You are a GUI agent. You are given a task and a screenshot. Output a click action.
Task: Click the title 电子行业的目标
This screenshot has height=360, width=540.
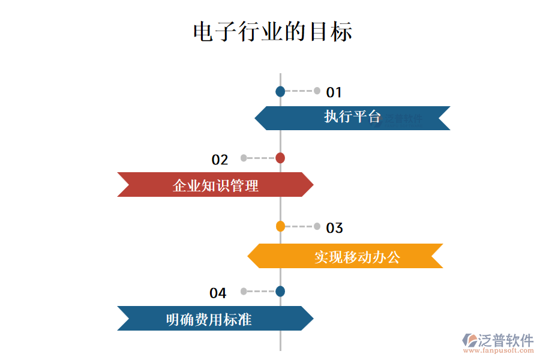[272, 31]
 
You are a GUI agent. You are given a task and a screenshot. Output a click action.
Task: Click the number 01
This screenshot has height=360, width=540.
[334, 92]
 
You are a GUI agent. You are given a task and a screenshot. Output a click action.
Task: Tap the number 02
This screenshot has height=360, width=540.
[220, 160]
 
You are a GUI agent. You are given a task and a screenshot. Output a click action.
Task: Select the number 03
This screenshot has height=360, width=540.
[334, 228]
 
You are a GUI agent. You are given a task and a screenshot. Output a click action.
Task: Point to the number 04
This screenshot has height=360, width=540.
[218, 293]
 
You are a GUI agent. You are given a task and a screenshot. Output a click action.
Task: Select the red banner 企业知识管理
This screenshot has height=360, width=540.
[215, 185]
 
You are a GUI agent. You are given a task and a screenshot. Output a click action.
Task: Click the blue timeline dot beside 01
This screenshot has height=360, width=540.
[280, 92]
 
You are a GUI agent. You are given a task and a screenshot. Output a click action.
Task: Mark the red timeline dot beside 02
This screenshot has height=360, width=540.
[280, 158]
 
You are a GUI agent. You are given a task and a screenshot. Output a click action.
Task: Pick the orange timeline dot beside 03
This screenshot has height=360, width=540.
[280, 226]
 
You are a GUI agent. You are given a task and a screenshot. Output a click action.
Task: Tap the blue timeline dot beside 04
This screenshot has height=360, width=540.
[280, 292]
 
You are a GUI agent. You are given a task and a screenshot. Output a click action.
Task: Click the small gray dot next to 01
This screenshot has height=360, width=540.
[317, 91]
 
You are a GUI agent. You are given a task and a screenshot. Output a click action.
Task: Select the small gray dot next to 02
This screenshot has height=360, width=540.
[244, 158]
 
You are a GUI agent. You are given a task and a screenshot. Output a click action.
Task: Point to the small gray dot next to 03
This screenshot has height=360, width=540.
[317, 226]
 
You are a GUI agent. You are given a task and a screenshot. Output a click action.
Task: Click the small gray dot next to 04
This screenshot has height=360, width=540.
[244, 292]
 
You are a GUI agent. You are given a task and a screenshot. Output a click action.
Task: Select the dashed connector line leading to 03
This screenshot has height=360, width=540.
[299, 226]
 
